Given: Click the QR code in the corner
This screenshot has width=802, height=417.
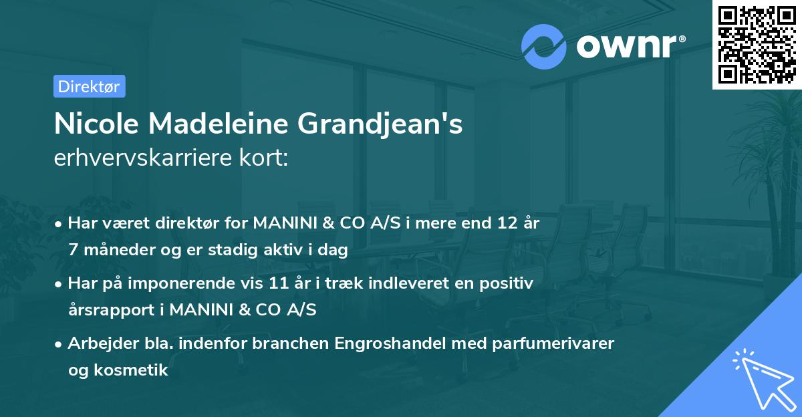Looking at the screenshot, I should click(x=757, y=45).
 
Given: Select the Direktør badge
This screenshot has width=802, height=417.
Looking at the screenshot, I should click(x=89, y=86).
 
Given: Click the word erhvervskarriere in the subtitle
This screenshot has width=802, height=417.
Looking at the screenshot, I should click(x=140, y=158).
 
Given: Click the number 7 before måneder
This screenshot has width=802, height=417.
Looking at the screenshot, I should click(x=73, y=250).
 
